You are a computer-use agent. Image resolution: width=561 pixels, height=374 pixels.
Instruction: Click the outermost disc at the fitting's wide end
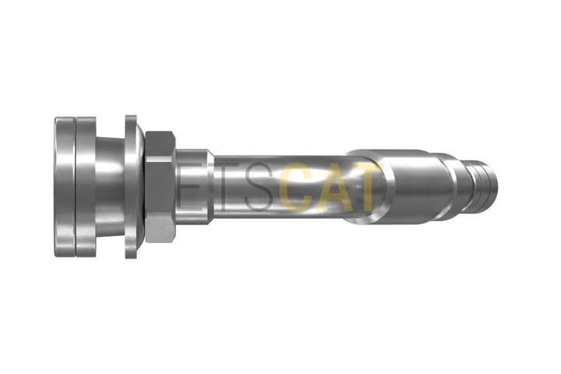click(x=64, y=187)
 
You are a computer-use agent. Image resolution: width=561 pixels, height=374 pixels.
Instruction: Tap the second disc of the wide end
click(x=86, y=187)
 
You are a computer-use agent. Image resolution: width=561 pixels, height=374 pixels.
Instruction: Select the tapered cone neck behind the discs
click(x=109, y=187)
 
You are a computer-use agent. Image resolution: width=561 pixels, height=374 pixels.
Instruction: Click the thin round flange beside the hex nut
click(x=131, y=187)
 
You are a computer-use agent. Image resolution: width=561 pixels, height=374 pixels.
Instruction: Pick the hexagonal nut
click(x=159, y=187)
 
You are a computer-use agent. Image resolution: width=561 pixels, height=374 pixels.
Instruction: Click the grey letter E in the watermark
click(x=188, y=188)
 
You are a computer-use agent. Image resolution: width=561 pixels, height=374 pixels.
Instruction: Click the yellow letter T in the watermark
click(x=368, y=188)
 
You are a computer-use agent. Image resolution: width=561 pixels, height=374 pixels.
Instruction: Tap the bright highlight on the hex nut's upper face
click(x=159, y=142)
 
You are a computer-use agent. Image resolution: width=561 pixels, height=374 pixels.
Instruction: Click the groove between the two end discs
click(x=75, y=187)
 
